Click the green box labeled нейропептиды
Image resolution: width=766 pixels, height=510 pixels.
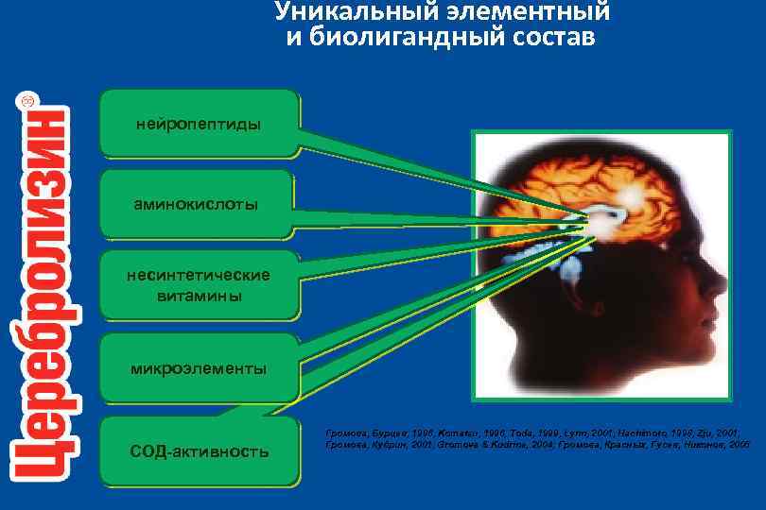[199, 124]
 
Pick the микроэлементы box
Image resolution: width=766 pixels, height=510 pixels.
[199, 367]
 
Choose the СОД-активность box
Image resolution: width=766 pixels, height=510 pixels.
[199, 451]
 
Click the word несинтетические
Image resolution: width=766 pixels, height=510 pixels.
[199, 275]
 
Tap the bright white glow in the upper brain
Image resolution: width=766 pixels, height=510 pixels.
[631, 195]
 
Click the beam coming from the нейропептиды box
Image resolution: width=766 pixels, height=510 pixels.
[426, 170]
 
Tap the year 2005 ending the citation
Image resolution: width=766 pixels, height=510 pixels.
[737, 441]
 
